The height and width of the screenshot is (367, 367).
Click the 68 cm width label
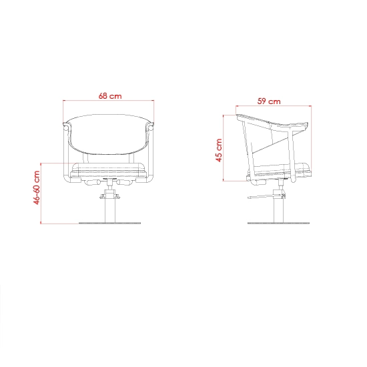[110, 96]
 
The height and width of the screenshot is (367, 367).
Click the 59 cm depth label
[269, 101]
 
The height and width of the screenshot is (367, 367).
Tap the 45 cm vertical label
[219, 150]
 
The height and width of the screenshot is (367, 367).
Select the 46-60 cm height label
[37, 188]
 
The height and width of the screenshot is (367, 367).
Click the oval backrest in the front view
[109, 134]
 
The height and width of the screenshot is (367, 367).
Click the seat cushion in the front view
[109, 170]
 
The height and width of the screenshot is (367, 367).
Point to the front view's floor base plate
[110, 224]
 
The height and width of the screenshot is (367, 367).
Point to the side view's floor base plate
[278, 224]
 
